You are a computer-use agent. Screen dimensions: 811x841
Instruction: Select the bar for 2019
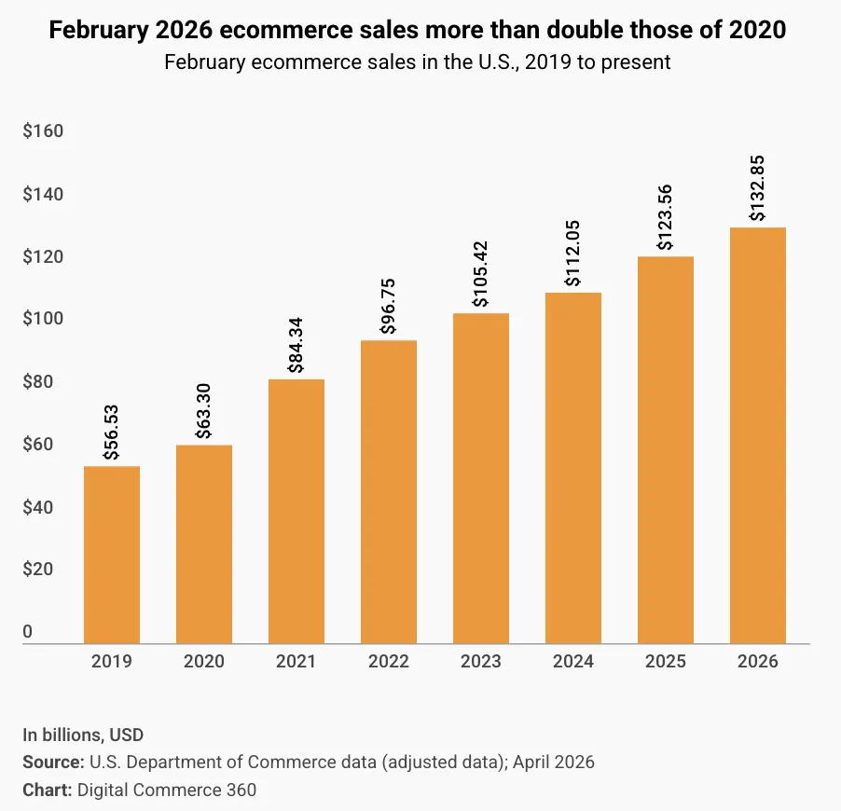click(x=112, y=555)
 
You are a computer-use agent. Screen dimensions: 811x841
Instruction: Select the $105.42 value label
click(x=480, y=274)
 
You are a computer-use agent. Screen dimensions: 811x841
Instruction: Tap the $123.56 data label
click(x=665, y=217)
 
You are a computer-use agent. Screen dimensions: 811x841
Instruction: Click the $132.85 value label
click(x=757, y=189)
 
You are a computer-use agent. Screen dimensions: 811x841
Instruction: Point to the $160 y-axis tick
click(x=43, y=131)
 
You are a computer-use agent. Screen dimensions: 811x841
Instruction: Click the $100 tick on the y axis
click(x=43, y=319)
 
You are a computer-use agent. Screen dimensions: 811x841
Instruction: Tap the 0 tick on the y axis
click(x=28, y=632)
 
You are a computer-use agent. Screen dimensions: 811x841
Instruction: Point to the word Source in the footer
click(x=52, y=763)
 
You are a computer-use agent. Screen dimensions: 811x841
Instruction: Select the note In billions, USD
click(x=83, y=735)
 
